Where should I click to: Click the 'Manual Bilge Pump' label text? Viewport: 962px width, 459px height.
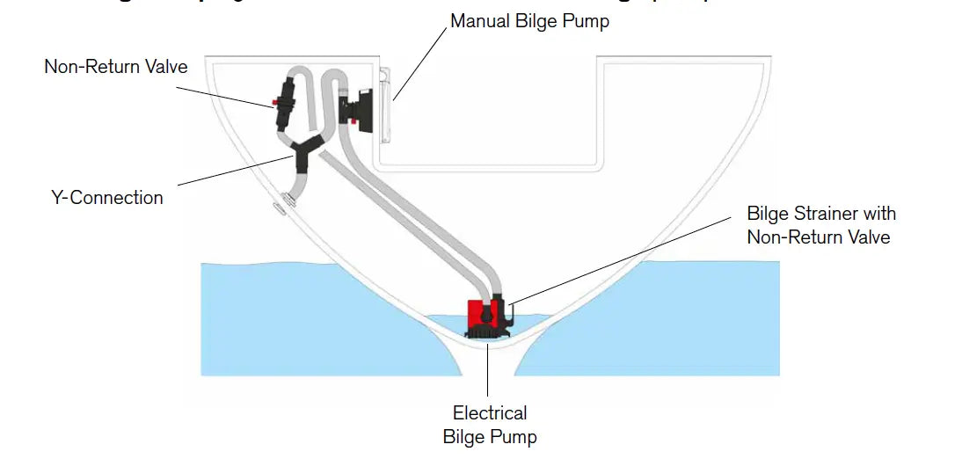tap(529, 20)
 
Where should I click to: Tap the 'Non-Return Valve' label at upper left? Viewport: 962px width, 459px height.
tap(115, 67)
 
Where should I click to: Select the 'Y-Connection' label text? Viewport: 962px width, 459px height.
tap(107, 197)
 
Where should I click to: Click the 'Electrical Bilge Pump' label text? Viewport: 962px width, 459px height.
tap(490, 424)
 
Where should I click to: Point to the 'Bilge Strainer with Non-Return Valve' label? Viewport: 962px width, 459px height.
tap(820, 225)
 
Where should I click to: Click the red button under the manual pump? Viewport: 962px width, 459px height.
tap(356, 123)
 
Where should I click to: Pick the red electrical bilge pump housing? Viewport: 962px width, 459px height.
tap(480, 314)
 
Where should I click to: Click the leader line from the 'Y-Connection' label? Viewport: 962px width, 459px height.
tap(237, 170)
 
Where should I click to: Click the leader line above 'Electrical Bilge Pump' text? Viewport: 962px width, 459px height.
tap(489, 369)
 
